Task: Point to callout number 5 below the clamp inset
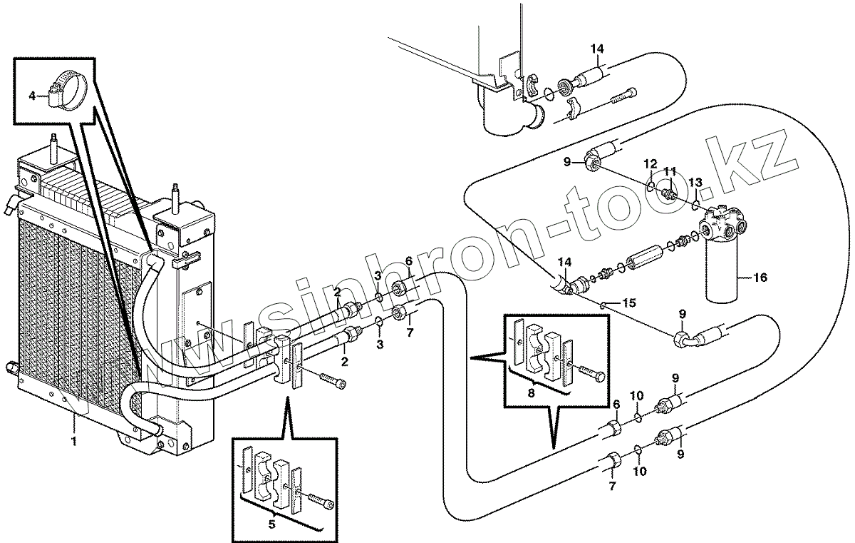271,524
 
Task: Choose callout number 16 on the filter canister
760,278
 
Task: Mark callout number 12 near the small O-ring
650,165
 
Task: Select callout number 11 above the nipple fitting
670,171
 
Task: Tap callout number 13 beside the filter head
696,182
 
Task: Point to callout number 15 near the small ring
628,303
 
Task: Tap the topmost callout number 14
596,49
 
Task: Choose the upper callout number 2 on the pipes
337,292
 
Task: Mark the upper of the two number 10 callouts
638,395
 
